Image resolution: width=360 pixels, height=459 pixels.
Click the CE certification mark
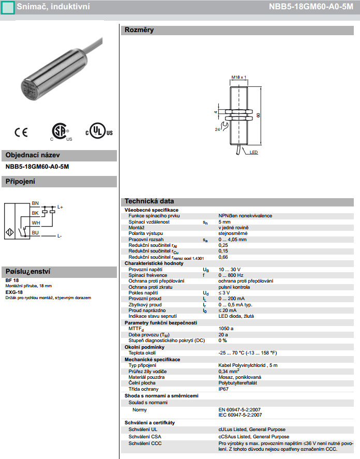[x=21, y=132]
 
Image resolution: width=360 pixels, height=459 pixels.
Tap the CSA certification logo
[x=60, y=132]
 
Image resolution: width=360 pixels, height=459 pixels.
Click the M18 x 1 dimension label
[x=237, y=77]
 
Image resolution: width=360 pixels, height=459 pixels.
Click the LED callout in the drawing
[x=253, y=153]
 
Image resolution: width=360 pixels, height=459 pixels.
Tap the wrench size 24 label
[x=218, y=129]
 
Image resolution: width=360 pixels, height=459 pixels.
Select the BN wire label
[x=35, y=203]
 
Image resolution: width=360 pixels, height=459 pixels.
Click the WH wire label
[x=36, y=223]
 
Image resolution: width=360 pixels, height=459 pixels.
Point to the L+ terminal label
[x=59, y=208]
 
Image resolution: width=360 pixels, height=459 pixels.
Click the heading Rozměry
[x=138, y=30]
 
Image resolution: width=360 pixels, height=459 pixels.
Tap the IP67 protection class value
[x=223, y=389]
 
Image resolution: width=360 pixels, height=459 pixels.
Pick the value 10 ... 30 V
[x=230, y=269]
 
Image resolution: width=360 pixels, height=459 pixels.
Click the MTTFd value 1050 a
[x=226, y=328]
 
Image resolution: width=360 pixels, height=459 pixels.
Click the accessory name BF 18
[x=12, y=280]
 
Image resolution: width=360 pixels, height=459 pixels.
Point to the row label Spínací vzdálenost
[x=149, y=221]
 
